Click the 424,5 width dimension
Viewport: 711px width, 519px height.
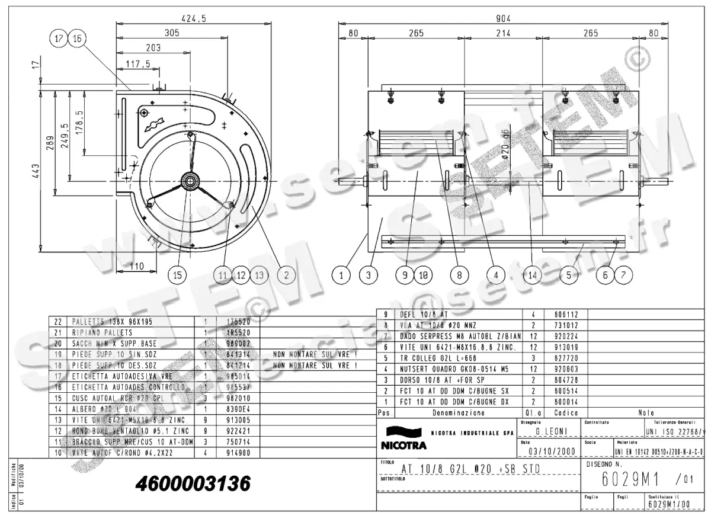click(195, 18)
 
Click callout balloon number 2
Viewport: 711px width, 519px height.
click(286, 274)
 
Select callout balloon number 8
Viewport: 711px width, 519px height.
click(459, 274)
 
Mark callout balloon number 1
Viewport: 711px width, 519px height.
click(341, 274)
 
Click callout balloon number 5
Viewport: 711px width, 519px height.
click(569, 274)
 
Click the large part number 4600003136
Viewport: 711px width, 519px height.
click(193, 483)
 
